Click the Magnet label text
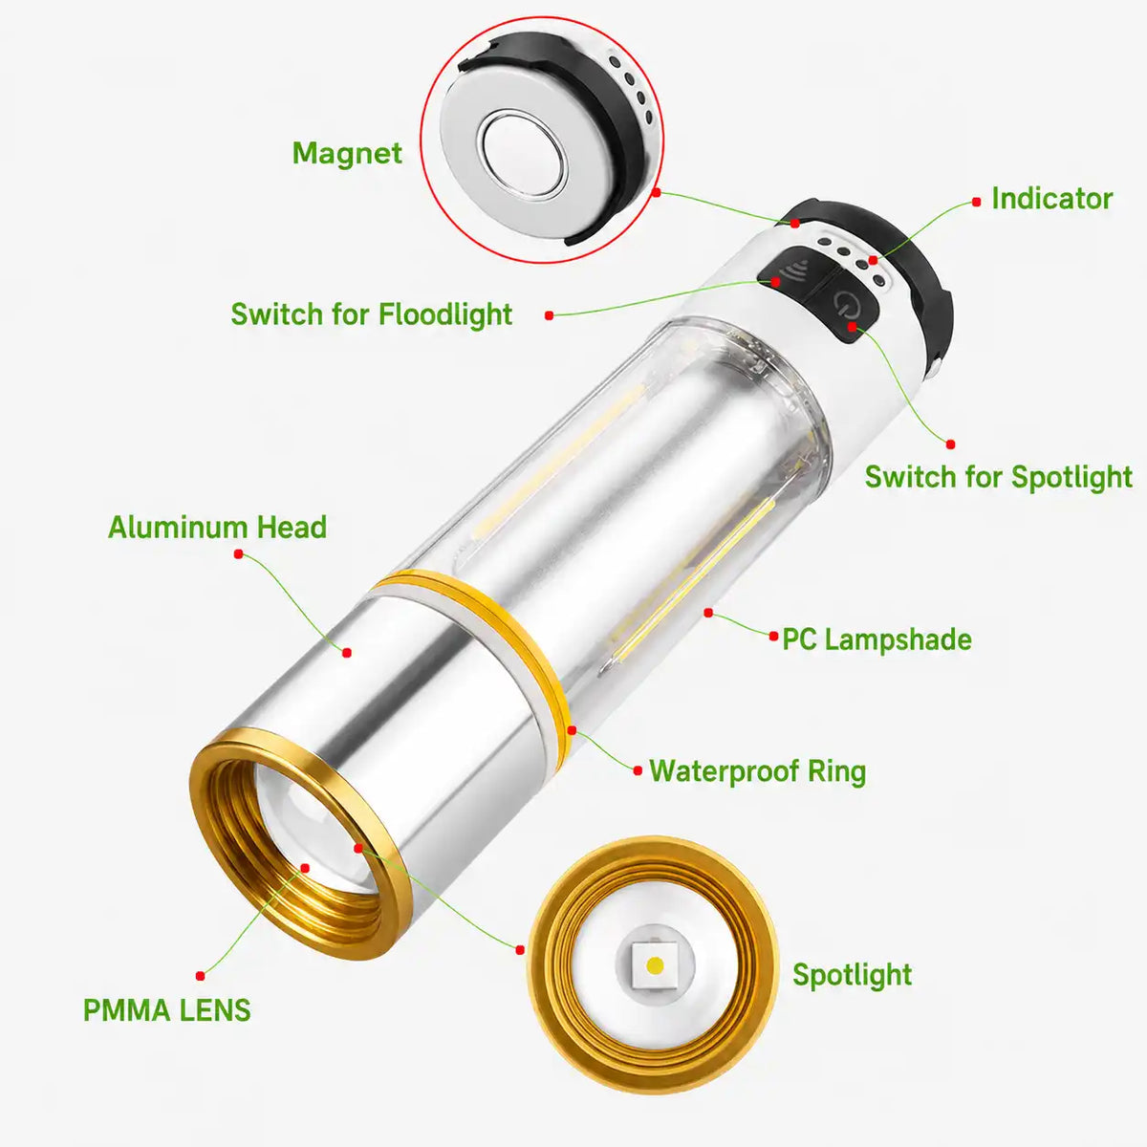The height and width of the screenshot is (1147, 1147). click(x=347, y=154)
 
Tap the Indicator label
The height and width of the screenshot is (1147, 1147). click(x=1051, y=199)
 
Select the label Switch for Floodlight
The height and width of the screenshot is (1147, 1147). click(x=372, y=314)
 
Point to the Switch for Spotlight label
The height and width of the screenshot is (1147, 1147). click(x=998, y=477)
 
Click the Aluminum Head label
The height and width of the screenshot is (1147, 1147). click(x=217, y=528)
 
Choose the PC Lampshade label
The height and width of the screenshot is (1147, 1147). click(x=876, y=639)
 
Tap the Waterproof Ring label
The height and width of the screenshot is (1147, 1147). click(x=757, y=771)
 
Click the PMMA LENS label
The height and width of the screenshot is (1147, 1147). click(x=166, y=1010)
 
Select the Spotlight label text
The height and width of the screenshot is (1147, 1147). click(x=852, y=975)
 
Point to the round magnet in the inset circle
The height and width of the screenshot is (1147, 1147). click(x=523, y=153)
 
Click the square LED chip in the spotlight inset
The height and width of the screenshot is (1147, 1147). click(x=655, y=964)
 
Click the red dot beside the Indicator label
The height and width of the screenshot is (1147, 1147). click(x=976, y=203)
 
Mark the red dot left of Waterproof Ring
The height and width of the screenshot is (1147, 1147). click(x=638, y=770)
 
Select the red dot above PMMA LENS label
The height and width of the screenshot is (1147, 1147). click(x=201, y=976)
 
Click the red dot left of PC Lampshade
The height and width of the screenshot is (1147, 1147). click(x=773, y=637)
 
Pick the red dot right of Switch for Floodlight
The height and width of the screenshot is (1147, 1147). click(x=549, y=315)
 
